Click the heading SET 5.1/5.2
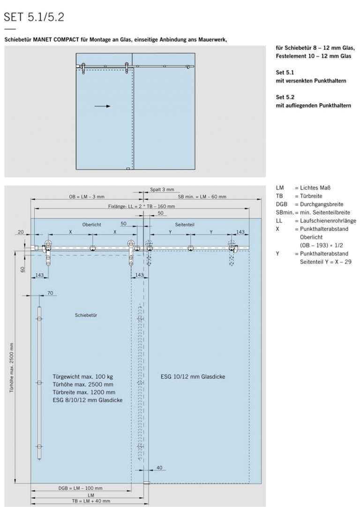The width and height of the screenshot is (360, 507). tap(34, 17)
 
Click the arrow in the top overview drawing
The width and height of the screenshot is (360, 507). tap(102, 106)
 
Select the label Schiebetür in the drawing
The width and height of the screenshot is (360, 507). tap(85, 315)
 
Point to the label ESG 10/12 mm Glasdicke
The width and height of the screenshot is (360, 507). tap(193, 377)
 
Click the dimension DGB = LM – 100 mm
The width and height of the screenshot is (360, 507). tap(80, 488)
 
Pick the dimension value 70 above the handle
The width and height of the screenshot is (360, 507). tap(50, 293)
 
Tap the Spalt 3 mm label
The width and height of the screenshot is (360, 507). tap(162, 190)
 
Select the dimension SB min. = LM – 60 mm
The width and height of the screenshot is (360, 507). tap(202, 197)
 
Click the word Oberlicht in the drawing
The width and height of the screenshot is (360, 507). tap(92, 225)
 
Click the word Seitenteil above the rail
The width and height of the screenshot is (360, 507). tap(185, 225)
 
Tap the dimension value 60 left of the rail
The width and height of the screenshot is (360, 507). tap(22, 269)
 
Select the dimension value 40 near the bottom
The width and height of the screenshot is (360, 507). tap(159, 467)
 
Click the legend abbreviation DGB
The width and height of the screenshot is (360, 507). tap(282, 204)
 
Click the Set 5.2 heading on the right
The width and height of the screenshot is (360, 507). tap(285, 98)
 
